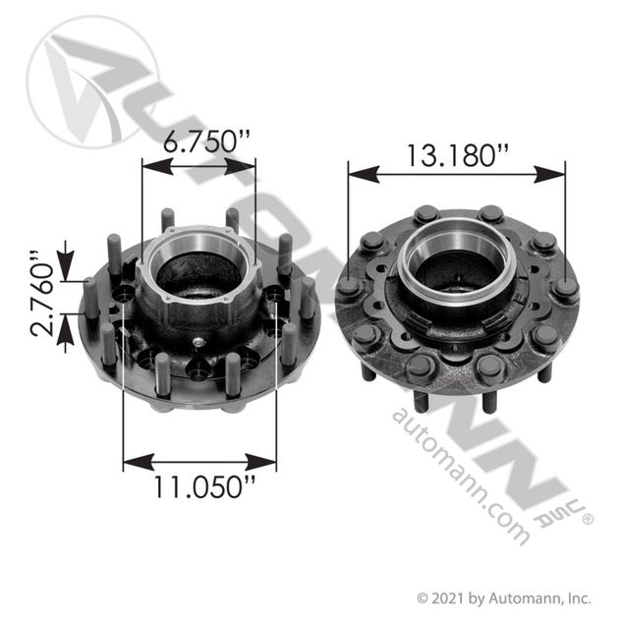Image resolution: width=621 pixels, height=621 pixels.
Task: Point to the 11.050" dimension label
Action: [199, 486]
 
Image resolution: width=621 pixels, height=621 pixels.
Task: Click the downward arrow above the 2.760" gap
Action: [66, 269]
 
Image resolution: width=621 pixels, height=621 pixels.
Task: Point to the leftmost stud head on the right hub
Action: [348, 289]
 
